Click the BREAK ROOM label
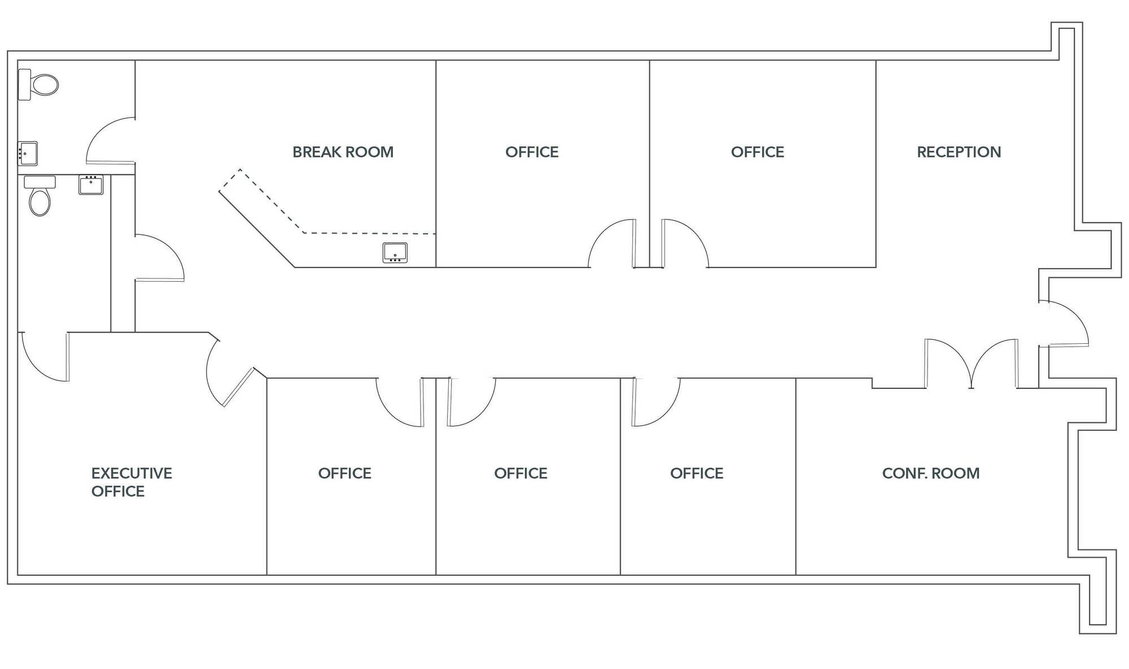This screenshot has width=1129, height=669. click(343, 152)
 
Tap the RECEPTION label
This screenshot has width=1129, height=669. click(959, 152)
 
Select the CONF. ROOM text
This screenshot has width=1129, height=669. click(931, 473)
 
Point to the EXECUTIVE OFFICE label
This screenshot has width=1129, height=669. click(132, 482)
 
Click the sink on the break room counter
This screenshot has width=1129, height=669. click(395, 252)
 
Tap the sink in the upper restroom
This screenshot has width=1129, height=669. click(28, 154)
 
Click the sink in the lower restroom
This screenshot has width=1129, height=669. click(91, 185)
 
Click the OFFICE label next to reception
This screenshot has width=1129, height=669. click(758, 152)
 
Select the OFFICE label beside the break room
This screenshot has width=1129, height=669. click(532, 152)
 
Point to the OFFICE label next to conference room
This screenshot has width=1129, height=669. click(697, 473)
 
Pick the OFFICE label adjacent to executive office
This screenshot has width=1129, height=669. click(344, 473)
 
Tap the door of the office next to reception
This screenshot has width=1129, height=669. click(685, 243)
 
